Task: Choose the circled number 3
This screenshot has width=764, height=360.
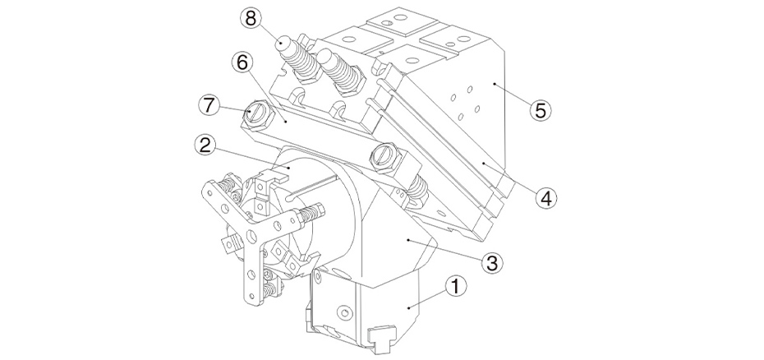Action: click(x=490, y=262)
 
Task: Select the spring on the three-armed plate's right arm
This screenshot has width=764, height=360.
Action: click(x=302, y=218)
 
